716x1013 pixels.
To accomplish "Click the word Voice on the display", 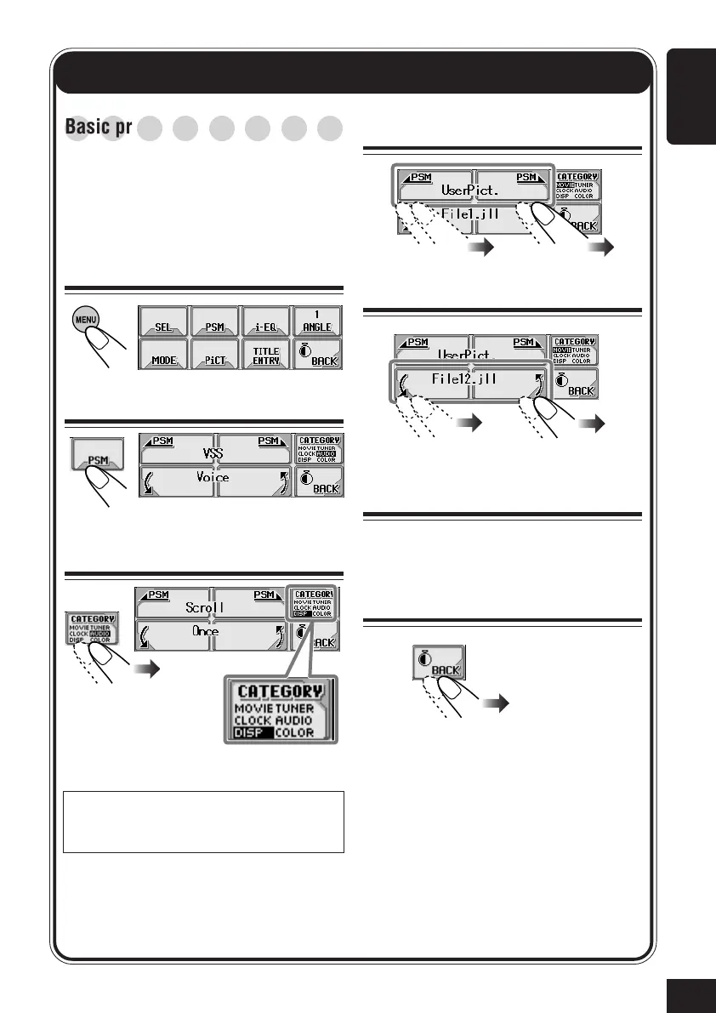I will coord(213,478).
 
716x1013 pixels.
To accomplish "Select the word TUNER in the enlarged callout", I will coord(293,708).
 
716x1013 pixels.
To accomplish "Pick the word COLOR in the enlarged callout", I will coord(294,732).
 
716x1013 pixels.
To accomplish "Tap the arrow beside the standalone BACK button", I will coord(495,703).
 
